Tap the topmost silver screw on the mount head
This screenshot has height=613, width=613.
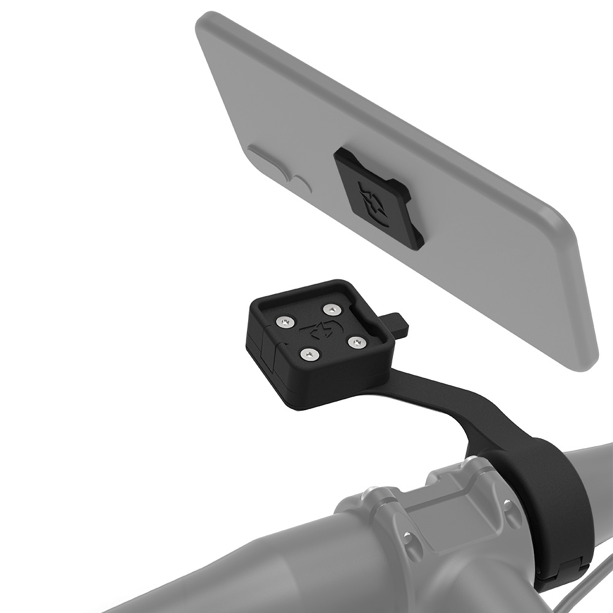point(332,308)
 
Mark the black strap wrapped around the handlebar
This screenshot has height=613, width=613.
point(555,490)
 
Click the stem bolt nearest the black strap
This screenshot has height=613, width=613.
point(508,506)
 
